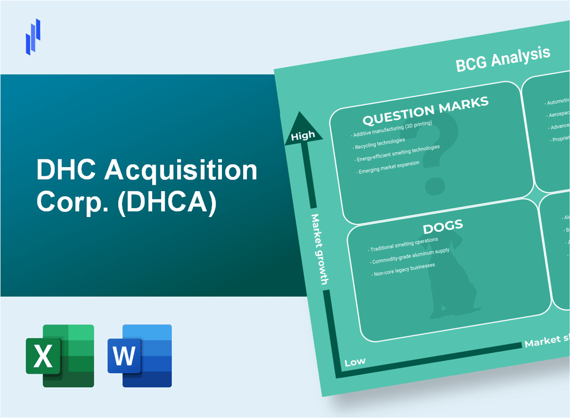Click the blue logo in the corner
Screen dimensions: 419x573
pyautogui.click(x=33, y=36)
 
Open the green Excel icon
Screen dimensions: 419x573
pyautogui.click(x=60, y=355)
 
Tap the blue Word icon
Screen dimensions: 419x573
pyautogui.click(x=140, y=355)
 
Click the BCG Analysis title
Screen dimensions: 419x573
pyautogui.click(x=503, y=59)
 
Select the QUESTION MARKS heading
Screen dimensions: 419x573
pyautogui.click(x=426, y=110)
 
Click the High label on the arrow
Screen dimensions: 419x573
pyautogui.click(x=303, y=136)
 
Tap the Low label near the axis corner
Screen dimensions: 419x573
pyautogui.click(x=355, y=361)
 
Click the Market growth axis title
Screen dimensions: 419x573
pyautogui.click(x=319, y=249)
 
